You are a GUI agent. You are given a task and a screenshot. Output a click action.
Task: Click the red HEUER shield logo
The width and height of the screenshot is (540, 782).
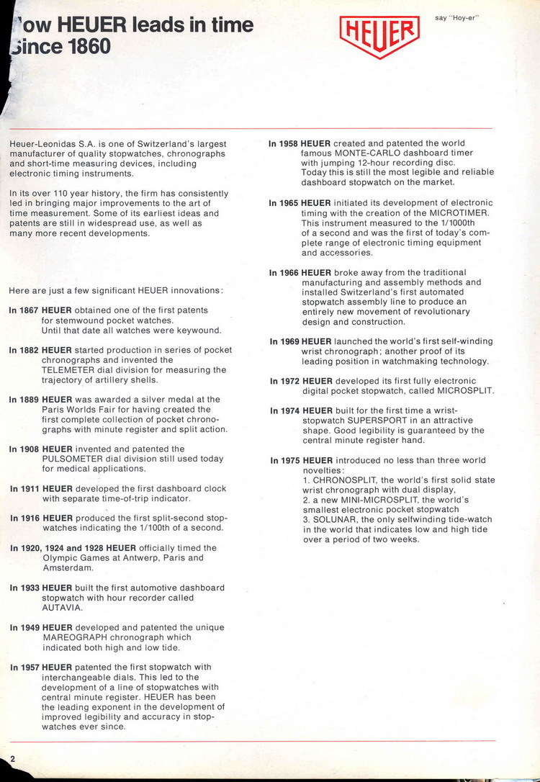379,35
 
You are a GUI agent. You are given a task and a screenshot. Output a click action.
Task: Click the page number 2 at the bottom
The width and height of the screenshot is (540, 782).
13,760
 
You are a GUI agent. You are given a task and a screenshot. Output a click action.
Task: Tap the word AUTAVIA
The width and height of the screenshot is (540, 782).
61,607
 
